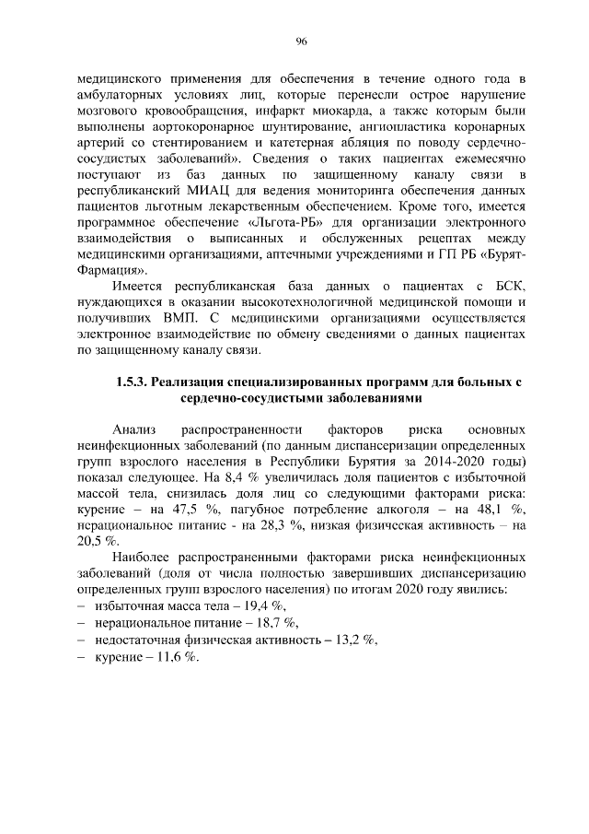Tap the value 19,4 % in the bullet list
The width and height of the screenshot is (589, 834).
pyautogui.click(x=264, y=605)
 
